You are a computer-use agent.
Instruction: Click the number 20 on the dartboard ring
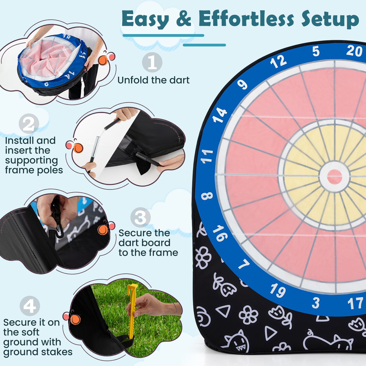click(354, 51)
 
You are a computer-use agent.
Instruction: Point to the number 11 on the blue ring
click(207, 156)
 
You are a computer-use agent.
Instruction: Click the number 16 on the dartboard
click(220, 233)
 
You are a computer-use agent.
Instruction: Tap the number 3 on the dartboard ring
click(315, 303)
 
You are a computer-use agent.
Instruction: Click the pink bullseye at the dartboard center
click(334, 177)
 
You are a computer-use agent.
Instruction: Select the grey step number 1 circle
click(152, 63)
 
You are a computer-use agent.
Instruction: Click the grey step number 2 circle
click(29, 124)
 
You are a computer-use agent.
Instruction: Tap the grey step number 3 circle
click(140, 217)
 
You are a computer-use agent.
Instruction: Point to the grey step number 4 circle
click(30, 306)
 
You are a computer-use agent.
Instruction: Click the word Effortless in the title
click(246, 19)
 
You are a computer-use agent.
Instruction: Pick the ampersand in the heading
click(184, 19)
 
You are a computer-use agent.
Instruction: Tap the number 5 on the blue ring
click(316, 52)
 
